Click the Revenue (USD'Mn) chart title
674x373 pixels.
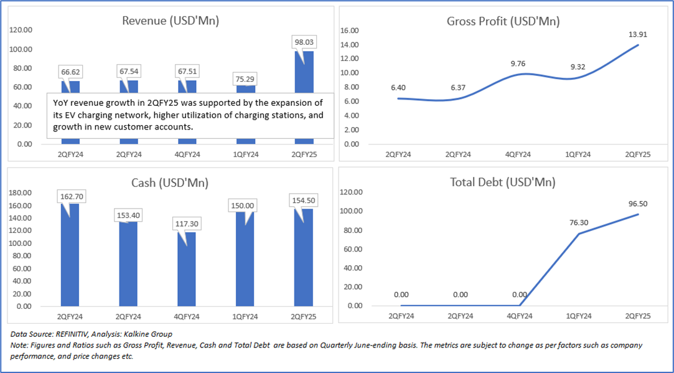pyautogui.click(x=170, y=21)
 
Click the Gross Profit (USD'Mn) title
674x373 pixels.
pyautogui.click(x=503, y=21)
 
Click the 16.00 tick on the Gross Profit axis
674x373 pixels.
pyautogui.click(x=351, y=31)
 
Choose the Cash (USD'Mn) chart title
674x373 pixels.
pyautogui.click(x=170, y=183)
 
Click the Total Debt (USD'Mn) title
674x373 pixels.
pyautogui.click(x=503, y=182)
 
